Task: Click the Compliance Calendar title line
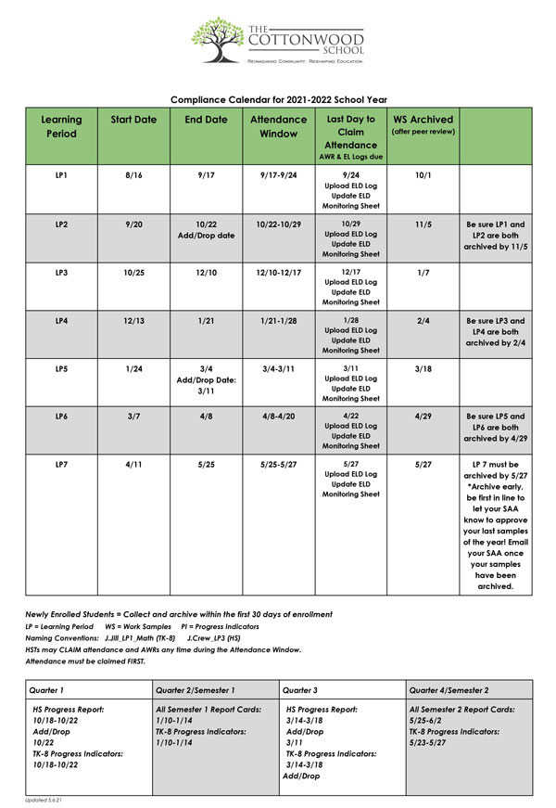pyautogui.click(x=278, y=99)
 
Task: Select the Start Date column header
pyautogui.click(x=133, y=120)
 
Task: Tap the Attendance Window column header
pyautogui.click(x=277, y=126)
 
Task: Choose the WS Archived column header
pyautogui.click(x=423, y=120)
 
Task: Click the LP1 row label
pyautogui.click(x=62, y=174)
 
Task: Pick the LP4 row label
pyautogui.click(x=62, y=320)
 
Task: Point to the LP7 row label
pyautogui.click(x=62, y=464)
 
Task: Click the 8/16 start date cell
pyautogui.click(x=133, y=174)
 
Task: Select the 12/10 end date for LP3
pyautogui.click(x=206, y=272)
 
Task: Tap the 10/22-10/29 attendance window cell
pyautogui.click(x=277, y=224)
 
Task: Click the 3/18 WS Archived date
pyautogui.click(x=423, y=368)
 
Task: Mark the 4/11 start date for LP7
pyautogui.click(x=133, y=464)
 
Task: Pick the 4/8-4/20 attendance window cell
pyautogui.click(x=277, y=417)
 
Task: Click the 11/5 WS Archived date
pyautogui.click(x=423, y=224)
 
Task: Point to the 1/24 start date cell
pyautogui.click(x=133, y=368)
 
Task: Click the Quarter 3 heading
pyautogui.click(x=302, y=690)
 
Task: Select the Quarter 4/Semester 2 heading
pyautogui.click(x=450, y=690)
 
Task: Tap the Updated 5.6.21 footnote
pyautogui.click(x=44, y=800)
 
